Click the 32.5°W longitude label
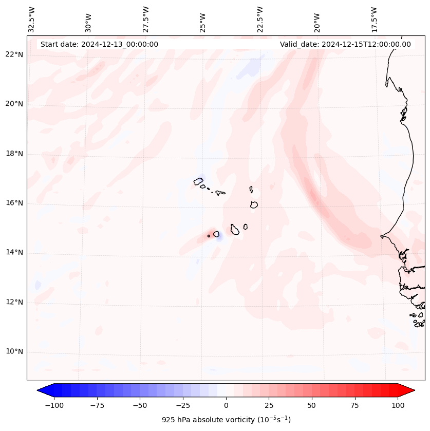32,20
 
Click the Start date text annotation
99,44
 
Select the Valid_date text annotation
345,44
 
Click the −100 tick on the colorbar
54,405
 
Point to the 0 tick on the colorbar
226,405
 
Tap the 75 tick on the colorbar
355,405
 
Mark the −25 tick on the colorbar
183,405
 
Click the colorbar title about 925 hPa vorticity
226,420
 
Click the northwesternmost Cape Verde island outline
198,181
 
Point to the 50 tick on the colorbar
312,405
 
